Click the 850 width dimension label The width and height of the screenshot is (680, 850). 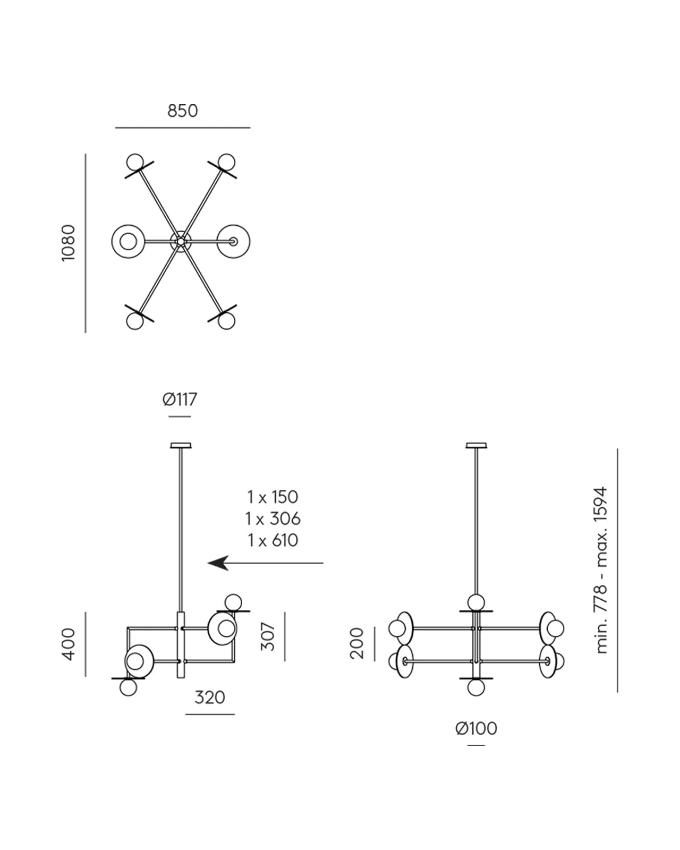point(182,111)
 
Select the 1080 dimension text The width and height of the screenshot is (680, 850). point(68,243)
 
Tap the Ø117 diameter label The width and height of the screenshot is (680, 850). point(180,399)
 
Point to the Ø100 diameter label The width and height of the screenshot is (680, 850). point(476,728)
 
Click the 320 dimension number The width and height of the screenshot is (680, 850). point(210,698)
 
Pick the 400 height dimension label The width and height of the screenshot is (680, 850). point(68,644)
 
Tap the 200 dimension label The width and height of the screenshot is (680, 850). point(357,643)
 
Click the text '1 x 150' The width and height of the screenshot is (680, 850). point(273,497)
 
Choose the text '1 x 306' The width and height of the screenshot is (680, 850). point(273,518)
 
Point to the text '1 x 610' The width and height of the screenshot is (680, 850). point(273,540)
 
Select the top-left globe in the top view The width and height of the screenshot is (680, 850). point(135,163)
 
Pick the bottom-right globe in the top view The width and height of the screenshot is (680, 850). point(226,320)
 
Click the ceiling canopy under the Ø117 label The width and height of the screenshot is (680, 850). point(181,445)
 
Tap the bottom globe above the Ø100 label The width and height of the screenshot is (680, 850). point(476,687)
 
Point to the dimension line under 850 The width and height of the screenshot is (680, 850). point(183,127)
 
